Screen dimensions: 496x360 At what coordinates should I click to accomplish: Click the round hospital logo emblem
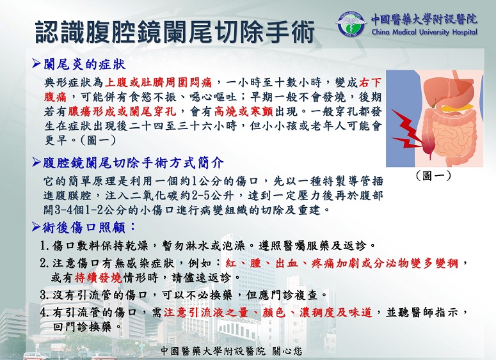(x=351, y=24)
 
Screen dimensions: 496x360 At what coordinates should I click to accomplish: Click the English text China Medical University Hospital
(x=424, y=32)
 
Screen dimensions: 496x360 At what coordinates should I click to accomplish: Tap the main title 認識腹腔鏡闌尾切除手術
(x=175, y=32)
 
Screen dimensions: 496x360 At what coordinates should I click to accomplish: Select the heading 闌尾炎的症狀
(x=84, y=64)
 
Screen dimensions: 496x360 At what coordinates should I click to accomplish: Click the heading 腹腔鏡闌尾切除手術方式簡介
(x=133, y=163)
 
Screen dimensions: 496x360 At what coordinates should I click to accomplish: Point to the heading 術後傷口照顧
(x=89, y=227)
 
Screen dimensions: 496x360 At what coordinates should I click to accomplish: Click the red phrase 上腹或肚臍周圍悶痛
(x=158, y=82)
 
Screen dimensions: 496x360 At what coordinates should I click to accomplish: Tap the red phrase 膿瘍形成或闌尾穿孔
(x=122, y=111)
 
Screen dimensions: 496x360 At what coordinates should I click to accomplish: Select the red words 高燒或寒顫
(x=243, y=111)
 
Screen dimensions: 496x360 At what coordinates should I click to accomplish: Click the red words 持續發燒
(x=99, y=278)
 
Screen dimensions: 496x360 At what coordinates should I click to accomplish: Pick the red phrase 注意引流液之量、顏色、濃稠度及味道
(x=268, y=312)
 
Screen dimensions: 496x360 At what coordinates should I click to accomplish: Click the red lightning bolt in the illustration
(x=407, y=129)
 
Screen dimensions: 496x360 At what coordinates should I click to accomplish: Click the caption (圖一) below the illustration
(x=433, y=175)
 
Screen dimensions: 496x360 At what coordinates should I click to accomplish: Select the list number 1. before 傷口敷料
(x=45, y=246)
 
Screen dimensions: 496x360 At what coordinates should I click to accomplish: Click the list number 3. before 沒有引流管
(x=45, y=295)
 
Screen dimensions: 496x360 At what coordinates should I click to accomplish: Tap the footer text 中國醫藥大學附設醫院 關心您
(x=232, y=351)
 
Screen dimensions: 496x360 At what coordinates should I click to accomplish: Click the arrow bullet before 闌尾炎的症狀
(x=36, y=64)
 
